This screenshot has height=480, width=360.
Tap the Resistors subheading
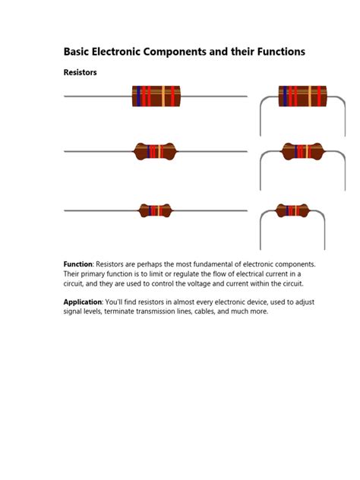tap(80, 73)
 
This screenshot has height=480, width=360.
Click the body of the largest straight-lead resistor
tap(156, 96)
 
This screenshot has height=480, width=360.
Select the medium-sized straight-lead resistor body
tap(155, 152)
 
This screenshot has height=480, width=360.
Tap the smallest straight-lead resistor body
tap(155, 210)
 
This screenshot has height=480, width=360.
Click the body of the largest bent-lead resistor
tap(302, 96)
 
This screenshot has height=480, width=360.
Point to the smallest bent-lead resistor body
tap(292, 210)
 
